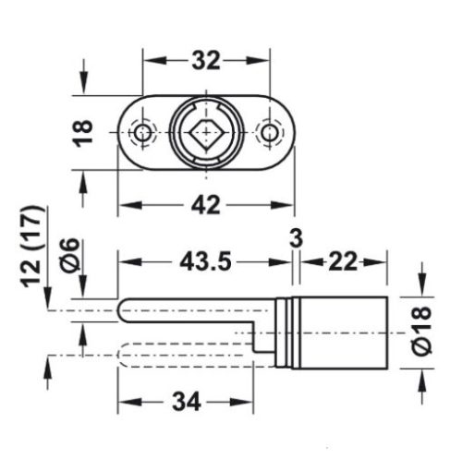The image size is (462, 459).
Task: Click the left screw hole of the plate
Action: (x=141, y=135)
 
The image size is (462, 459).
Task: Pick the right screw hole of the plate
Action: (x=268, y=135)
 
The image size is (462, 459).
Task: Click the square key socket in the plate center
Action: (x=204, y=136)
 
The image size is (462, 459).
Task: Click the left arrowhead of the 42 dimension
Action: (x=128, y=205)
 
